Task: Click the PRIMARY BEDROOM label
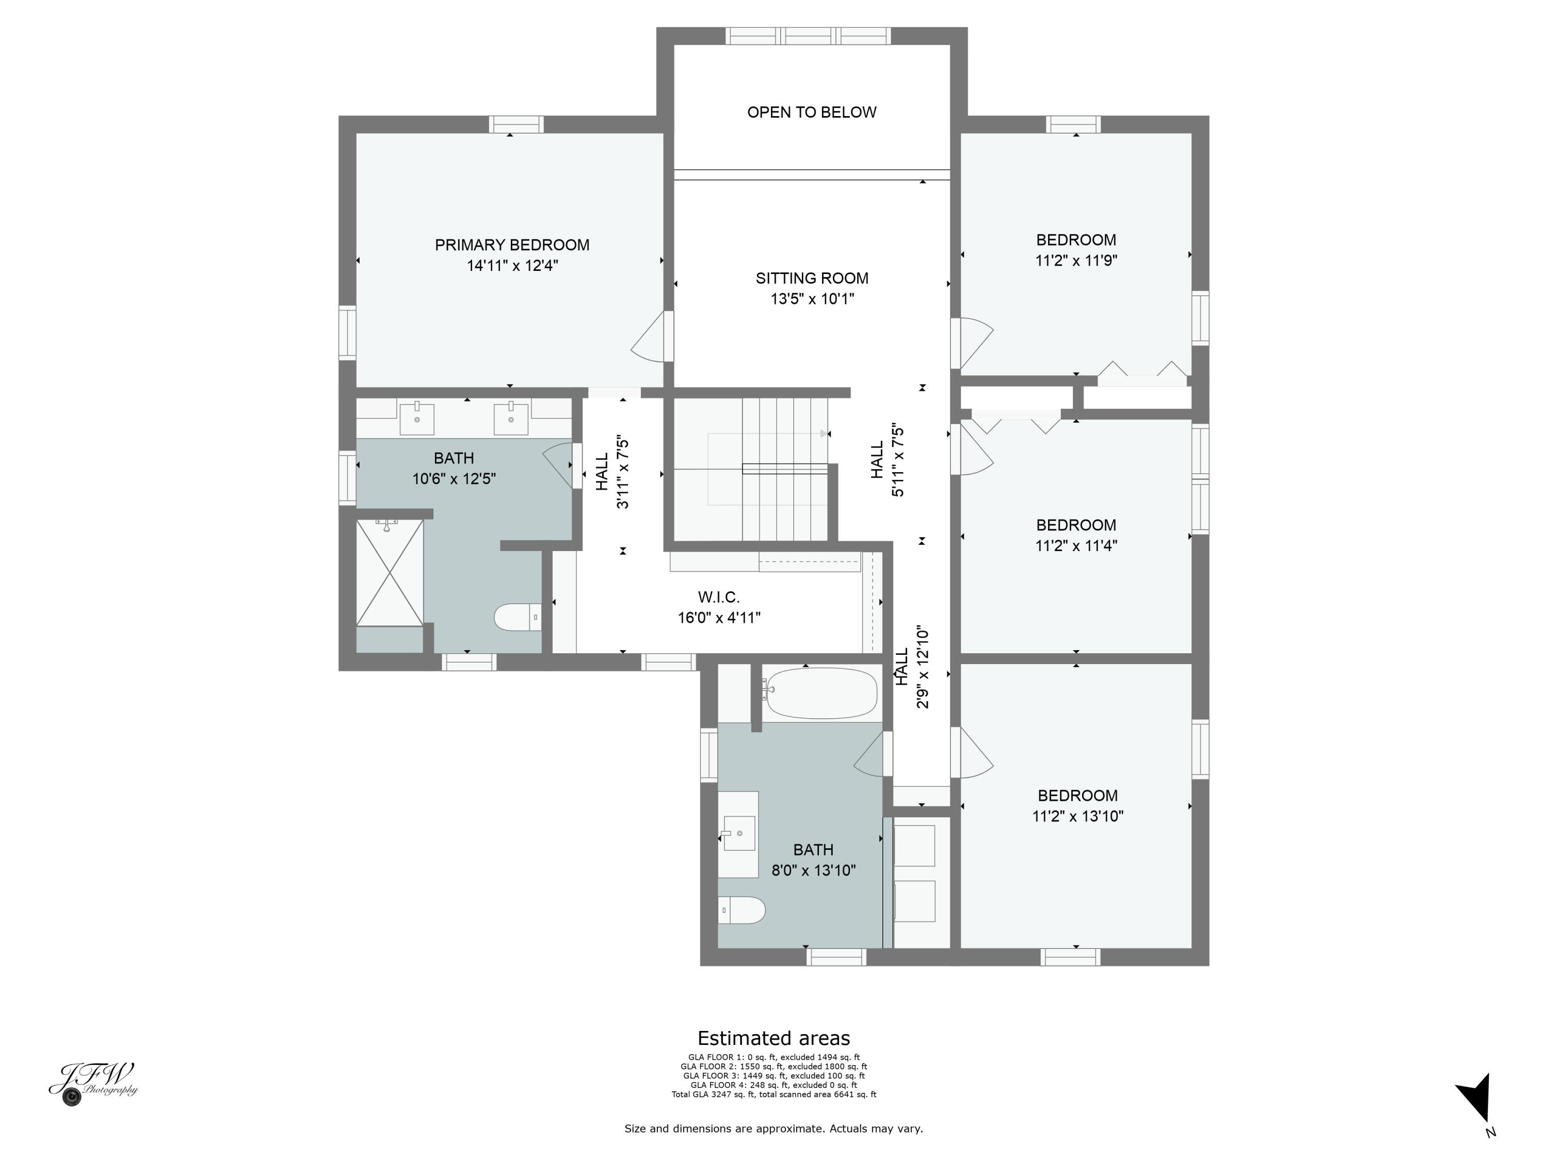coord(511,245)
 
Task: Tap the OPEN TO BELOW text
coord(811,112)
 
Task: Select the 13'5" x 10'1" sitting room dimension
coord(812,299)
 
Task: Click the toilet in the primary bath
coord(517,617)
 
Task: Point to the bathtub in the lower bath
coord(819,693)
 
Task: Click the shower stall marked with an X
coord(390,572)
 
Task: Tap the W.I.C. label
coord(718,597)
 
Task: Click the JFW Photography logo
coord(93,1083)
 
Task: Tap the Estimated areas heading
coord(773,1038)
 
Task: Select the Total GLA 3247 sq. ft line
coord(773,1094)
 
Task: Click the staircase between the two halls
coord(777,469)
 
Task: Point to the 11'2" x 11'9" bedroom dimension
coord(1076,261)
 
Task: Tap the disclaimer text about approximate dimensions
coord(773,1128)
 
